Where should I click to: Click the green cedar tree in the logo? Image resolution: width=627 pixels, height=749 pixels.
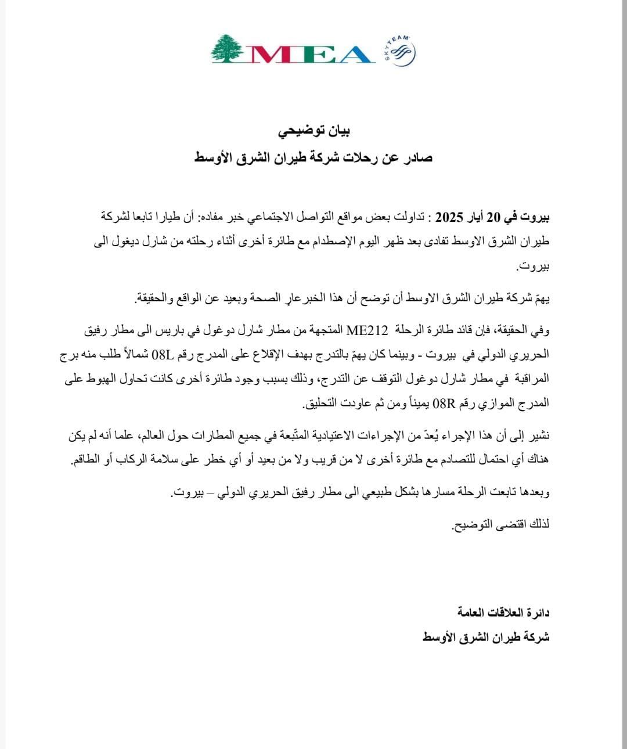pos(227,48)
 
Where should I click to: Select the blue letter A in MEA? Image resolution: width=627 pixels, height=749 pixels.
pos(350,54)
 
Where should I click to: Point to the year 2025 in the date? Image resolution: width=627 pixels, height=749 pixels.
pos(448,218)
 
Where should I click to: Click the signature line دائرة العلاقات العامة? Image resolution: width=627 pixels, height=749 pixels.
pos(503,613)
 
